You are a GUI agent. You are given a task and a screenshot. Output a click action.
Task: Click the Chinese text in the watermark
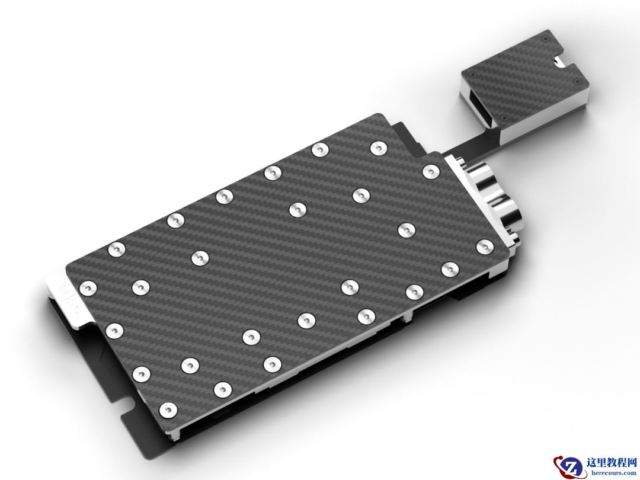(611, 462)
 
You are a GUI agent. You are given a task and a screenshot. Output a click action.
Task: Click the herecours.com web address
(611, 473)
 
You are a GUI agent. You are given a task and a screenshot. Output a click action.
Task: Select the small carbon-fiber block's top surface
(525, 77)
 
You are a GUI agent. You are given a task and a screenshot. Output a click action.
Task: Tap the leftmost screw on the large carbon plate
(88, 289)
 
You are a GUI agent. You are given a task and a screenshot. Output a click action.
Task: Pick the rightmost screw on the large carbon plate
(485, 247)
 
